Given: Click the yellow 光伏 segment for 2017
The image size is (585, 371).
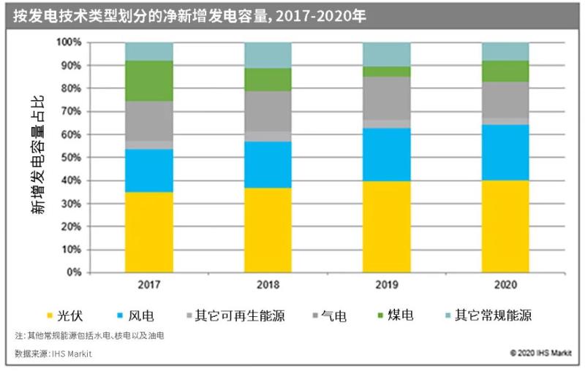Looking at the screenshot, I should (x=149, y=232).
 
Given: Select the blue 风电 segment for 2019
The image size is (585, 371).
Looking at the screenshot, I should (x=386, y=155).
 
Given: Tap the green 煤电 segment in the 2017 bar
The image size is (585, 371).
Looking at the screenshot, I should (x=149, y=81).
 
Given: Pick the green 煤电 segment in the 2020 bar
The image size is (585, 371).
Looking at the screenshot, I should (x=505, y=71).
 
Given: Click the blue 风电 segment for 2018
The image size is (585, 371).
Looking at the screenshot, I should (x=268, y=164).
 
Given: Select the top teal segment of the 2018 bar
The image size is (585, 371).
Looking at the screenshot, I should (x=268, y=55).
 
